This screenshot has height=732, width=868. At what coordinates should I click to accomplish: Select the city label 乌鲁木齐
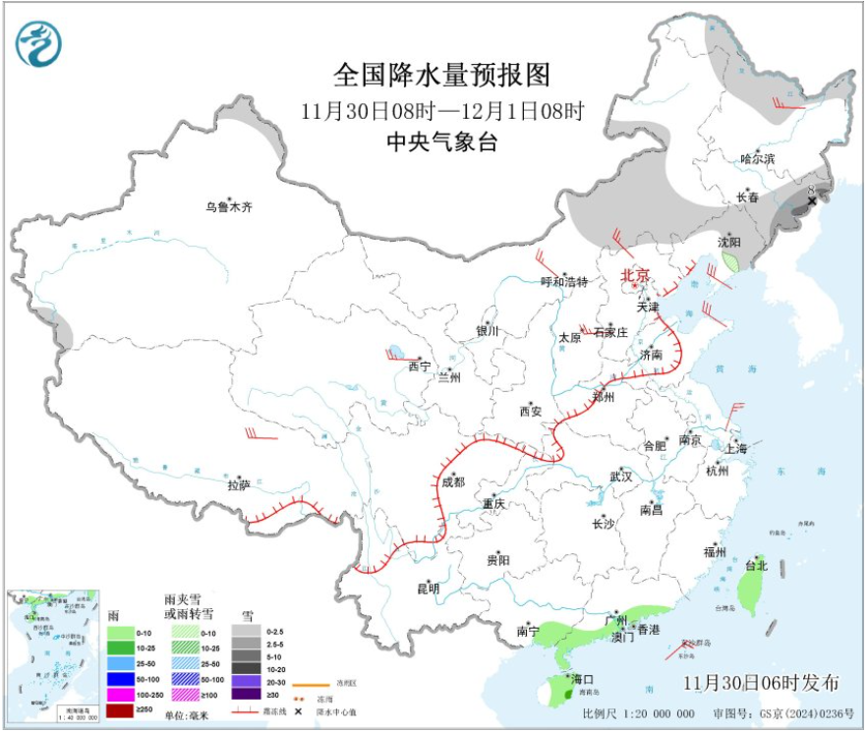coord(229,207)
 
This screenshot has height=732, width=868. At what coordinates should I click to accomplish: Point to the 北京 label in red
coord(635,276)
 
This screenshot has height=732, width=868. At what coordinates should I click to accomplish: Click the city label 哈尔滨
coord(757,158)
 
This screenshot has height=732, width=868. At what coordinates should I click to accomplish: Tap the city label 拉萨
coord(239,484)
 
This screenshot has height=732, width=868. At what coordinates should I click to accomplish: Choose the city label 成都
coord(453,481)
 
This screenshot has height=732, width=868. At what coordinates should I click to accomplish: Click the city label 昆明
coord(429,589)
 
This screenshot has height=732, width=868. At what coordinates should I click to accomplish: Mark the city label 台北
coord(755,565)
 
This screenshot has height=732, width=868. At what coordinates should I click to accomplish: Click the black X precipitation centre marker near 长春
coord(812,201)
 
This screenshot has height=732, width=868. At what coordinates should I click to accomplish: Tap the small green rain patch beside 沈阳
coord(730,261)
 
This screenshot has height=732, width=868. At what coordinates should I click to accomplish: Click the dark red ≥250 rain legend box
coord(121,707)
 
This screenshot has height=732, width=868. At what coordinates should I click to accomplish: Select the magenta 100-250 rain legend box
coord(121,693)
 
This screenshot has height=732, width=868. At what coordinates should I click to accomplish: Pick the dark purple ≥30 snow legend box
coord(248,693)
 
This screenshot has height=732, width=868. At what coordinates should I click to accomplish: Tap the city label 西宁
coord(419,366)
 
